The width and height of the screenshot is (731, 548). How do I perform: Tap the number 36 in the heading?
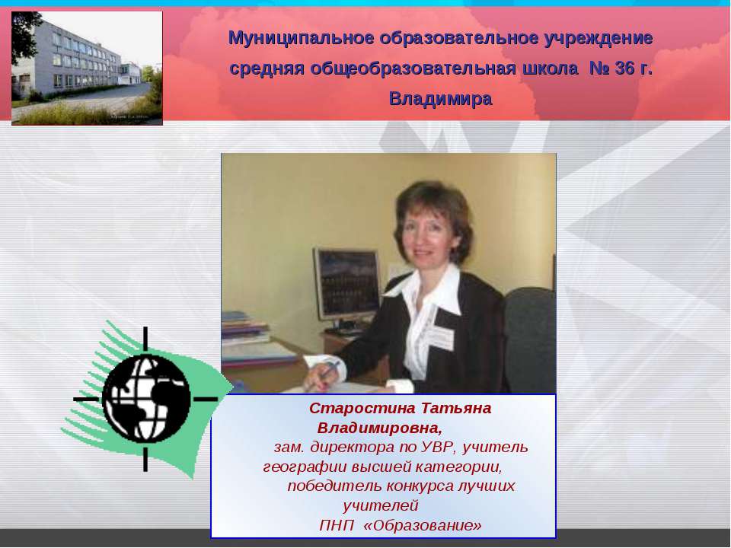point(624,68)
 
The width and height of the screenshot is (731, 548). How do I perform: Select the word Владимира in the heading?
point(440,99)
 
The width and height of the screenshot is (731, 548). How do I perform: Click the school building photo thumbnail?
point(87,68)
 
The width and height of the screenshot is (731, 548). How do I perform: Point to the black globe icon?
point(145,399)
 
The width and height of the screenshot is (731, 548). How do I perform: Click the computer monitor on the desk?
point(347,285)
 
